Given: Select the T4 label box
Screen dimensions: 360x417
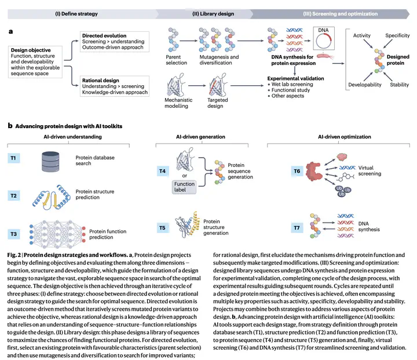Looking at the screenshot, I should (x=163, y=171).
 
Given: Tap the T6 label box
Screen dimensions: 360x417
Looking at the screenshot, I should (x=297, y=171).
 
